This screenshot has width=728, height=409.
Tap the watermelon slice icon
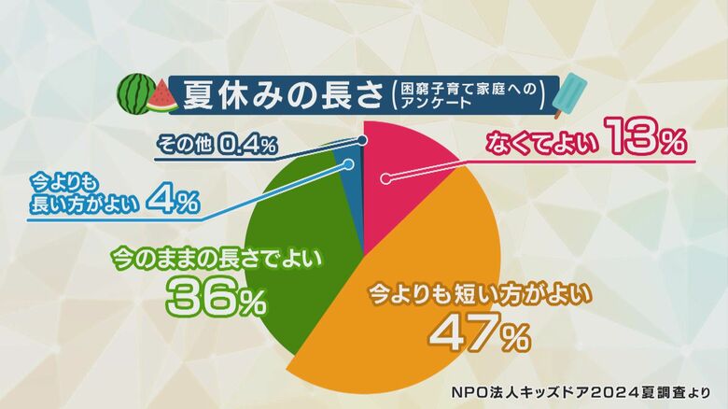[x=162, y=97]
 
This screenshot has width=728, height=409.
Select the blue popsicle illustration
[x=569, y=95]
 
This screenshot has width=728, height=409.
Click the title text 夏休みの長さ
[x=283, y=95]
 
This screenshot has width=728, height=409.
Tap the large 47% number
[x=481, y=332]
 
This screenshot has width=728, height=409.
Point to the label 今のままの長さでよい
[x=217, y=258]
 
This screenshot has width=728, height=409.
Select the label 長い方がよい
[x=85, y=204]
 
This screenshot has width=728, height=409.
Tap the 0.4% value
[x=246, y=145]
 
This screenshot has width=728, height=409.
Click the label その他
[x=184, y=145]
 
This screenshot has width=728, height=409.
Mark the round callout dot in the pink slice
[x=385, y=179]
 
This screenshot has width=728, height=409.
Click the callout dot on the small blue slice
[x=348, y=164]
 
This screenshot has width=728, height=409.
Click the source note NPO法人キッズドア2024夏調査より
[x=581, y=392]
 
